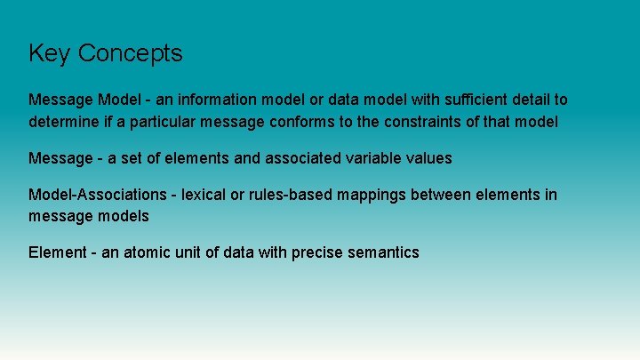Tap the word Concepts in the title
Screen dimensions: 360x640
pos(130,54)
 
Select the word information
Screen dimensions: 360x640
pos(218,100)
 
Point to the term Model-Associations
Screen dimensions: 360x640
pos(98,195)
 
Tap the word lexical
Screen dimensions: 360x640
pos(206,194)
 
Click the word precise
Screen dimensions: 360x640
pos(316,252)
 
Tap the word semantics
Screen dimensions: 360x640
pos(383,252)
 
